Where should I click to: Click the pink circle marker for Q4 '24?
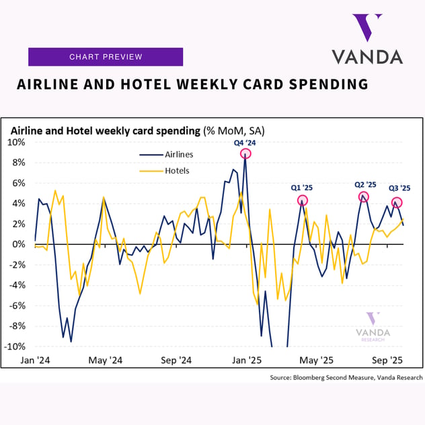[246, 153]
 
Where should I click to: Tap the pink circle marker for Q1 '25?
[303, 200]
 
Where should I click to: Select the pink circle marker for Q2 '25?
[364, 197]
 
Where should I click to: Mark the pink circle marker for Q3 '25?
[397, 202]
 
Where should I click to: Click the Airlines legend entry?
[179, 154]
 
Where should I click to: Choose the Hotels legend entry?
[177, 171]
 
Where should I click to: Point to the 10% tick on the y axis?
[16, 143]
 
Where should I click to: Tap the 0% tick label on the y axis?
[18, 244]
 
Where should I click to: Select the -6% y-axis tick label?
[16, 305]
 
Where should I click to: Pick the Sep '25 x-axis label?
[387, 360]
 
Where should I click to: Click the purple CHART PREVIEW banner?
[106, 57]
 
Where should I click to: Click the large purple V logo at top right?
[368, 28]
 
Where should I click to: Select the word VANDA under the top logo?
[367, 56]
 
